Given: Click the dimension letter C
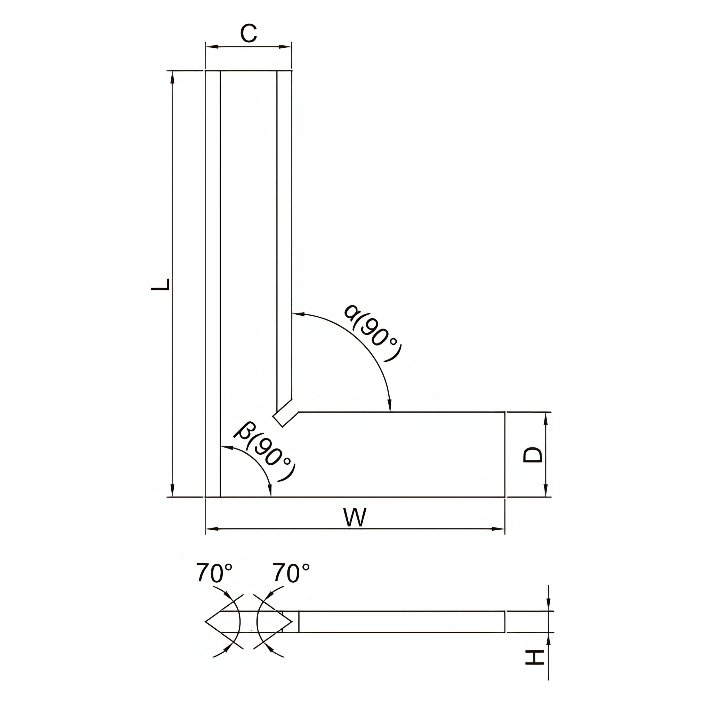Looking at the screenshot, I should (249, 34).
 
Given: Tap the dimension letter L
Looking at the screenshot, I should (161, 284).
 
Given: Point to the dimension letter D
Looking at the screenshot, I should (533, 455).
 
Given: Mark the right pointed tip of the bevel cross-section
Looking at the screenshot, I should (292, 621).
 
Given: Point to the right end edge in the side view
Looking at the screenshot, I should (505, 621).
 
